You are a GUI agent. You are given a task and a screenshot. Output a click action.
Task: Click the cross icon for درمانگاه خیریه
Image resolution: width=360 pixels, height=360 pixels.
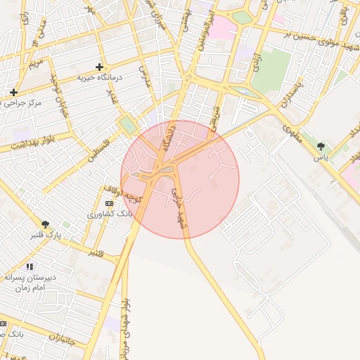click(99, 66)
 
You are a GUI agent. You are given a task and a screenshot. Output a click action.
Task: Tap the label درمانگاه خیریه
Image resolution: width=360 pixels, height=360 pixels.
click(100, 77)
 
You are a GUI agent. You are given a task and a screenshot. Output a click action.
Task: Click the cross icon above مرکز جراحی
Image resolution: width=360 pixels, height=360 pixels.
click(13, 92)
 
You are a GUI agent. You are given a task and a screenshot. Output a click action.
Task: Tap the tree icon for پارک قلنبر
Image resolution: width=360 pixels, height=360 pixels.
click(46, 224)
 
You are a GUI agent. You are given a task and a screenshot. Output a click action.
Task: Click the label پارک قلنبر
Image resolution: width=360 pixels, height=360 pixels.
click(41, 235)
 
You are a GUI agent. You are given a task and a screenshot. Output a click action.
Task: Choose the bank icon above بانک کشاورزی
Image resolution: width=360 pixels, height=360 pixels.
click(108, 203)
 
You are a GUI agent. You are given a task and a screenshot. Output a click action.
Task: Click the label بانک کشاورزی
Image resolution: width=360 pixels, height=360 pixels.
click(105, 214)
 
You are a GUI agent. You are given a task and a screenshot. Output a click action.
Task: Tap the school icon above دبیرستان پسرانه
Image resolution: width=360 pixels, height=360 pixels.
click(30, 266)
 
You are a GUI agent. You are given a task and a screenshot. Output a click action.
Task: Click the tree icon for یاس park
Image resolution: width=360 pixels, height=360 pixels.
click(321, 146)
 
